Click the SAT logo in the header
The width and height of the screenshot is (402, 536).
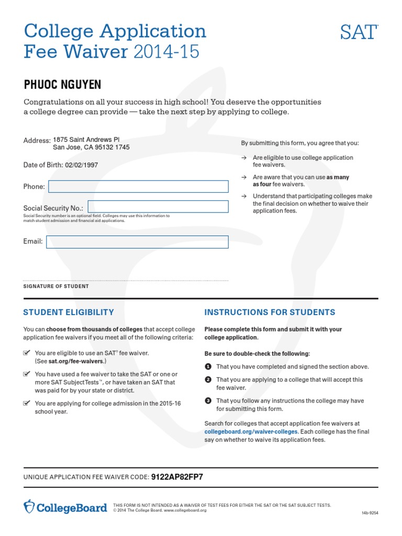click(359, 32)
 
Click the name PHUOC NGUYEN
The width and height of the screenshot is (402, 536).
click(63, 85)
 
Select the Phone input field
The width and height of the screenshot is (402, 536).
click(138, 186)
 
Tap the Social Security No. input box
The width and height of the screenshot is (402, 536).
click(158, 206)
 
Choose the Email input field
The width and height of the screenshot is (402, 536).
click(137, 242)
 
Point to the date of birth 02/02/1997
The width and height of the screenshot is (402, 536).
click(82, 165)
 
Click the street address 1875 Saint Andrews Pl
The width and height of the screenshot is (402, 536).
click(86, 140)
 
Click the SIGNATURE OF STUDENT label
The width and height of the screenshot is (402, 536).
click(56, 286)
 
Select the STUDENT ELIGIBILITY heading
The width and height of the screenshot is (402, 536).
click(69, 312)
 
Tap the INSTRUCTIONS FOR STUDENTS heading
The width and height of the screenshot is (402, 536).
click(270, 312)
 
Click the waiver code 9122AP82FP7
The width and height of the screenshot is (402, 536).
click(177, 477)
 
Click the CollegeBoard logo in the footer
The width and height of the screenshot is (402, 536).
click(65, 507)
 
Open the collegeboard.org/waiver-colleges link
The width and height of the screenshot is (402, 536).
click(251, 432)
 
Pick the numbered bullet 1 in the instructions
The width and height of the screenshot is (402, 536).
click(208, 366)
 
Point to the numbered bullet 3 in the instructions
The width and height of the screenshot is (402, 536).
click(208, 400)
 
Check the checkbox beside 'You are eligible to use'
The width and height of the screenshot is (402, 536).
click(27, 353)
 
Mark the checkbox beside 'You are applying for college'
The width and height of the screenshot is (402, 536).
click(27, 403)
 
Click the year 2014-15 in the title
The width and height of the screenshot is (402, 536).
click(166, 52)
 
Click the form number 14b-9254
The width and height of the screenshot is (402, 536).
click(370, 513)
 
